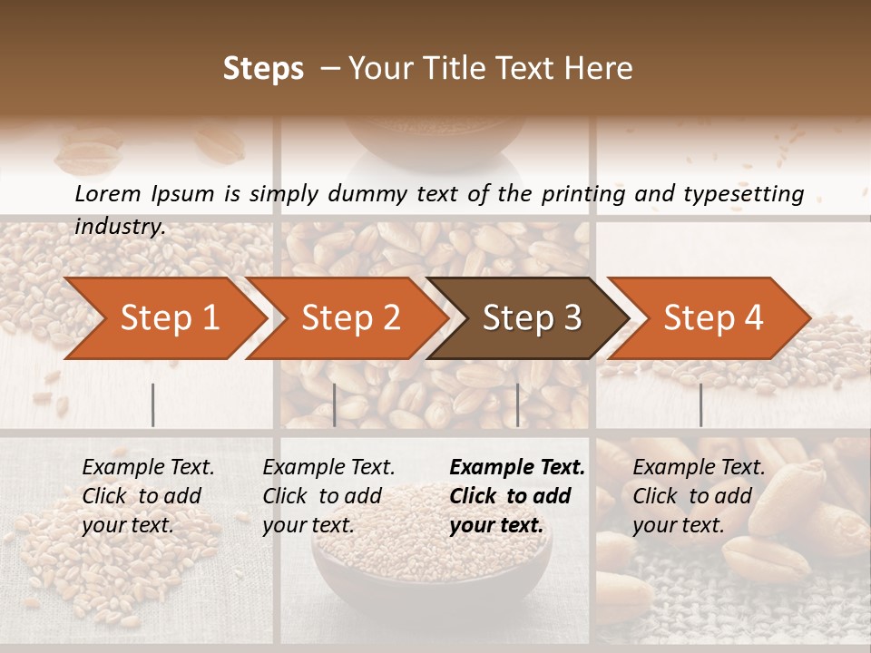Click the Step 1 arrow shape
[163, 318]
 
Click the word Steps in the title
[263, 69]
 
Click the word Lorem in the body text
[108, 193]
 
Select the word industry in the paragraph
[119, 226]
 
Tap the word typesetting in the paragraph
[739, 193]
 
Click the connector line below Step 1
[152, 404]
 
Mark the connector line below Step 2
[335, 404]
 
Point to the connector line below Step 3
[518, 404]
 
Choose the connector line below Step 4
[700, 404]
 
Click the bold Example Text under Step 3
[517, 468]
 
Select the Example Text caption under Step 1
[148, 468]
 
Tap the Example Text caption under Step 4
[699, 468]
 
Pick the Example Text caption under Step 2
[328, 468]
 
